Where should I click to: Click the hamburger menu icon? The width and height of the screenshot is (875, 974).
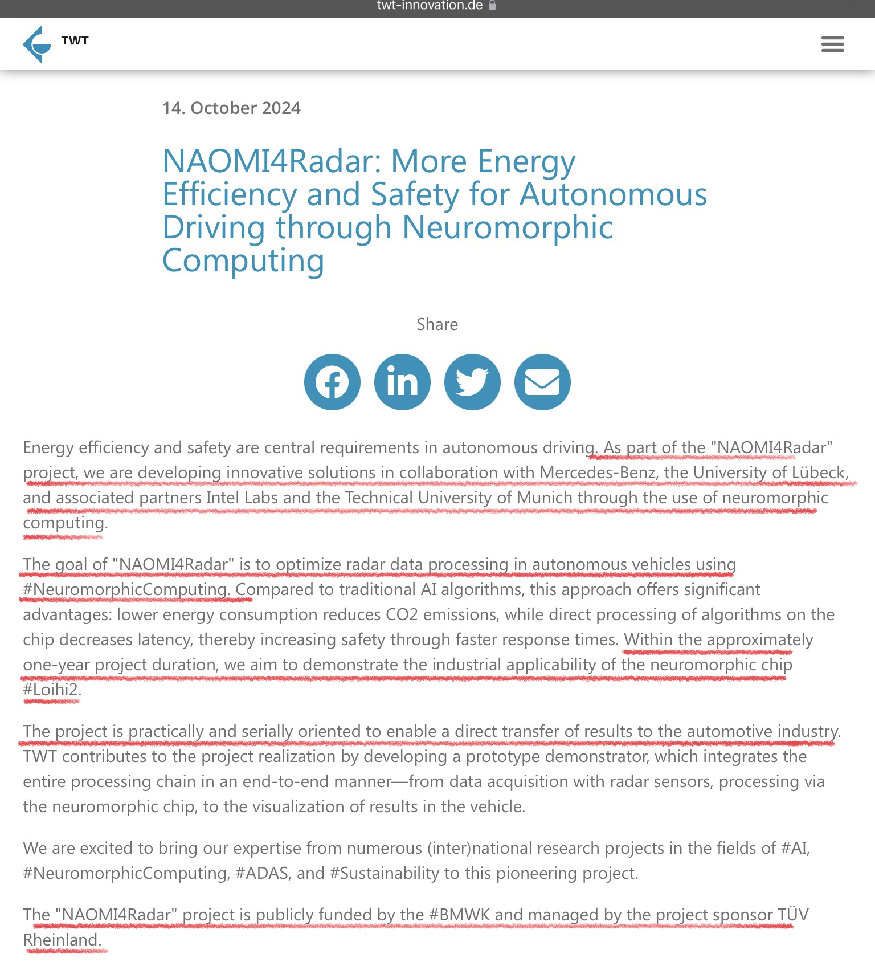point(832,44)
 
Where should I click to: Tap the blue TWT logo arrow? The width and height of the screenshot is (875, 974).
point(36,44)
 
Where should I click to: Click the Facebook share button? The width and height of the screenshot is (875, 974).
point(332,382)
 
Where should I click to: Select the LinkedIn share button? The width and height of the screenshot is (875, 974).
point(402,382)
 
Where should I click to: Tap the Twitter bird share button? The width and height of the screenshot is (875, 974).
point(472,382)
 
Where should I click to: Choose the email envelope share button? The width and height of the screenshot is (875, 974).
point(542,382)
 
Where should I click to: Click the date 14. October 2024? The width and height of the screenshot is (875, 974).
point(231,108)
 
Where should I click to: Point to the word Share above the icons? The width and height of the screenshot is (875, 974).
point(437,324)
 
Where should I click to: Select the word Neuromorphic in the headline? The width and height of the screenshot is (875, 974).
point(507,227)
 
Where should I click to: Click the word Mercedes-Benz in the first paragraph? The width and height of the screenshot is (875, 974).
point(598,472)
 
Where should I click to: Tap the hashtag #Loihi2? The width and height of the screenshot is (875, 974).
point(51,690)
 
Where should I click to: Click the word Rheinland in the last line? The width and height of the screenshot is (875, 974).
point(60,940)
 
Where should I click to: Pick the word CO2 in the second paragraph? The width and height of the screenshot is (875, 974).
point(402,614)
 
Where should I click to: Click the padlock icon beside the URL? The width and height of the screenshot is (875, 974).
point(492,6)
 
